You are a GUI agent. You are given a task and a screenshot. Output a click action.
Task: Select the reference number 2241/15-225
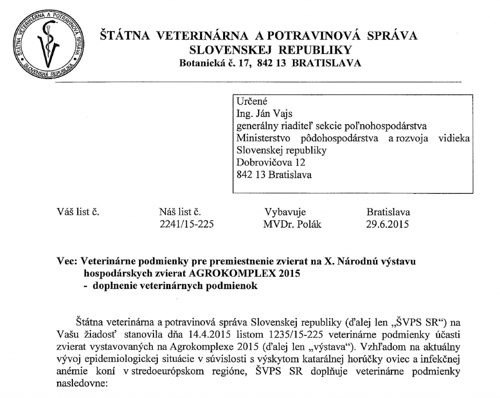(187, 224)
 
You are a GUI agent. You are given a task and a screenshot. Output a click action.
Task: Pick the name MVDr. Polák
(292, 224)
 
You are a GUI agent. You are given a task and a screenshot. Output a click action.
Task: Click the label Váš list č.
(78, 212)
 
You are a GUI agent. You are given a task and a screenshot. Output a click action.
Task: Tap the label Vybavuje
(285, 212)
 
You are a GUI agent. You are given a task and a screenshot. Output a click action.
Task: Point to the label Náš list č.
(180, 212)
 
